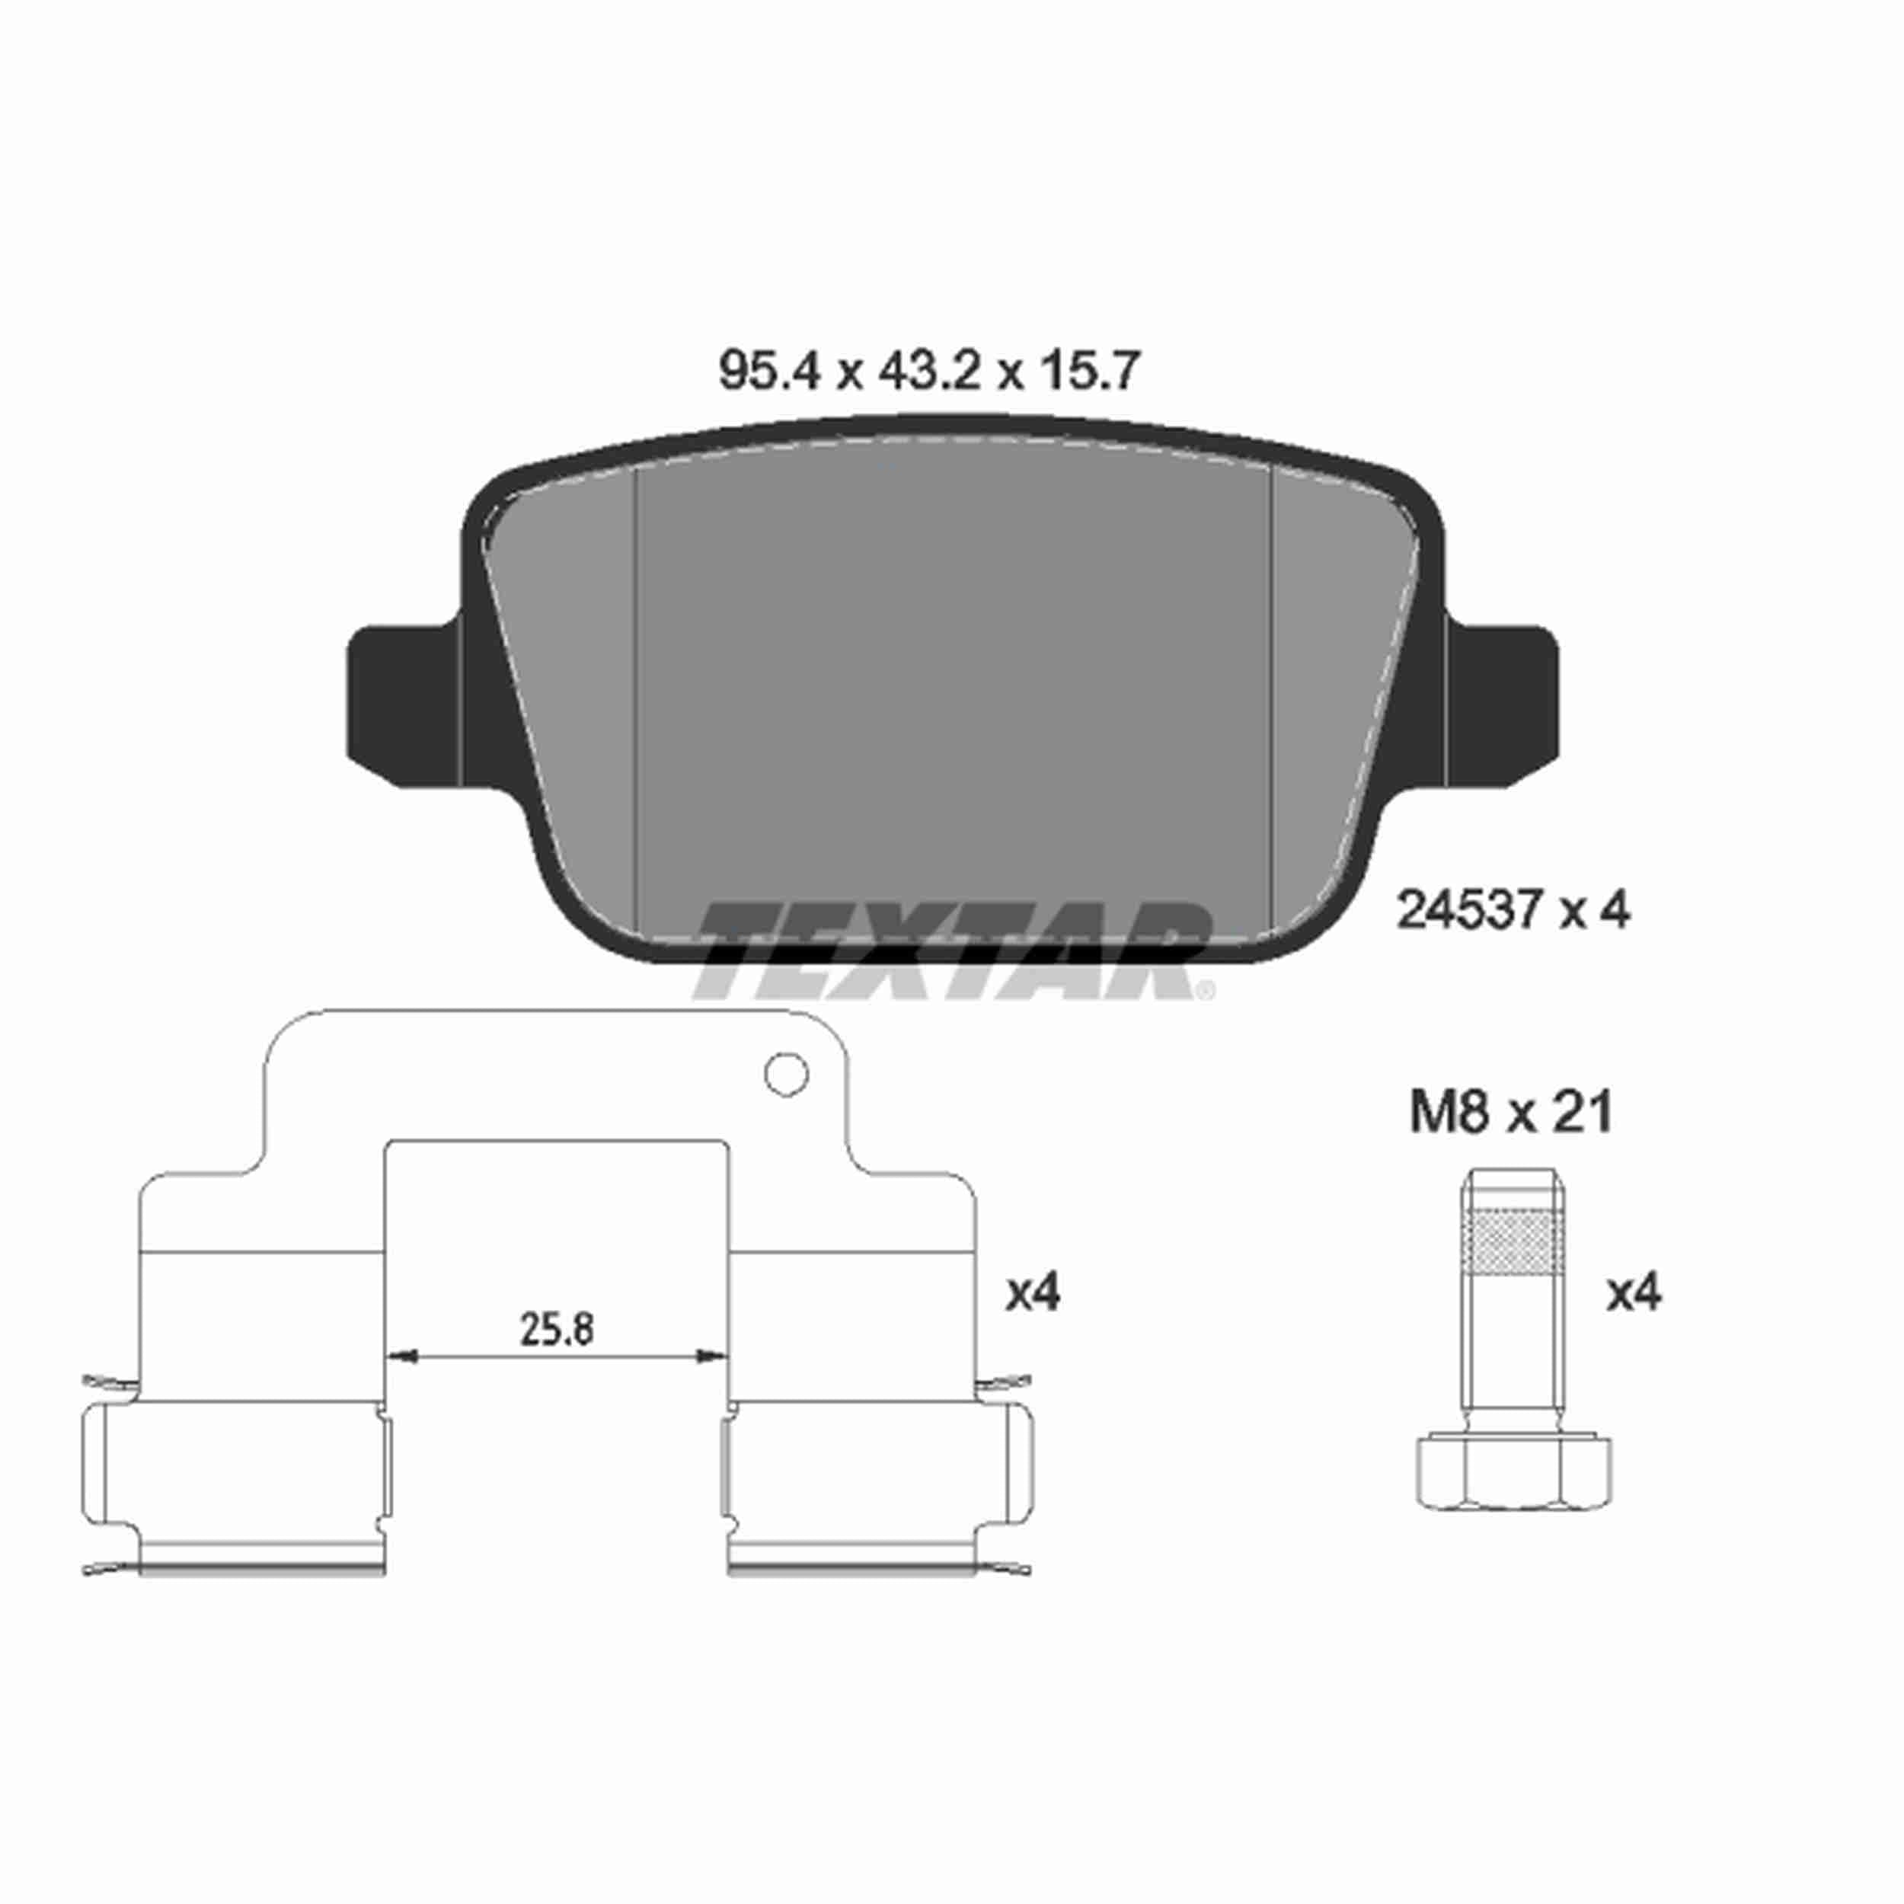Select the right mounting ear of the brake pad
1502,706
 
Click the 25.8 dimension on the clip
557,1330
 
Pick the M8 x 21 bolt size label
1511,1113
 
